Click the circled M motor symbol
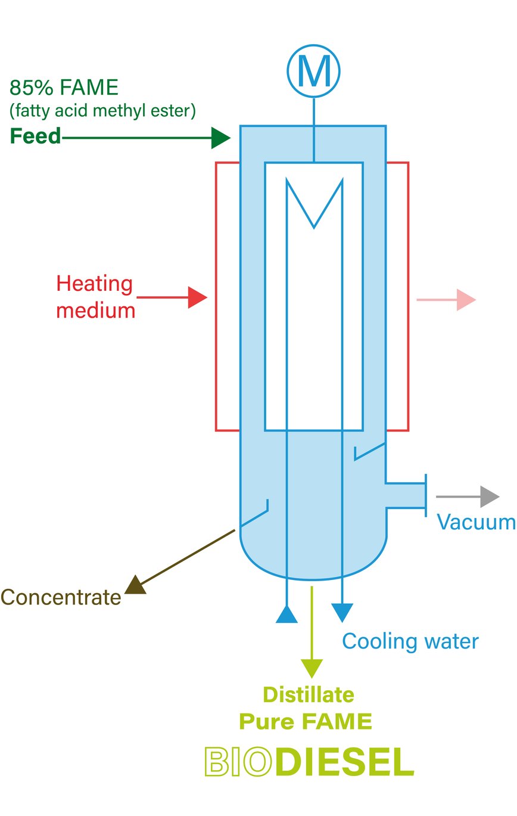click(x=313, y=72)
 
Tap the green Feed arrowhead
click(x=222, y=138)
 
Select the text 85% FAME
click(x=64, y=88)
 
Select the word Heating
click(x=94, y=284)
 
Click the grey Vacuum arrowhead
click(x=490, y=496)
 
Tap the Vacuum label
click(x=476, y=522)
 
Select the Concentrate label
click(x=61, y=597)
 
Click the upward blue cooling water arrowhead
click(x=286, y=615)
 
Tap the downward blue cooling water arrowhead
click(x=342, y=612)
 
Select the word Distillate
click(x=309, y=695)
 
